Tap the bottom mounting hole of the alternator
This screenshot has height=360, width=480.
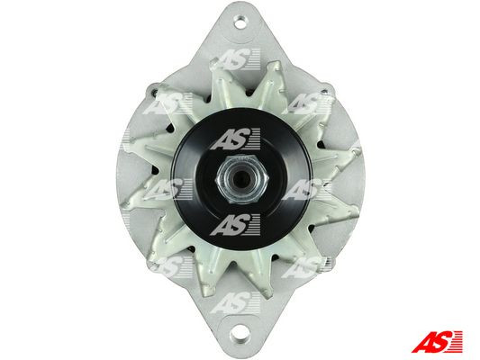239,341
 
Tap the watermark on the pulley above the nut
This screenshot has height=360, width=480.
236,139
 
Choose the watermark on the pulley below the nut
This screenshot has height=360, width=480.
236,221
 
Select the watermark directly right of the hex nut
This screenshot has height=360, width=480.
307,188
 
